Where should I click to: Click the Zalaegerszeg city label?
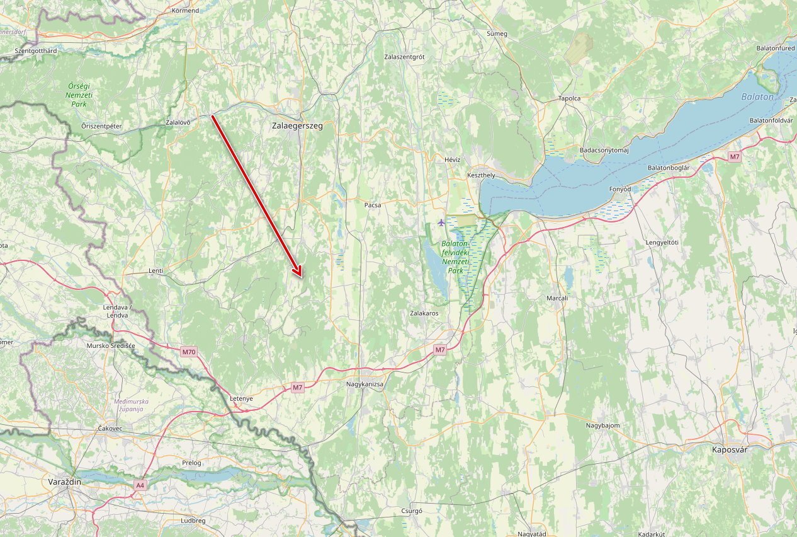click(297, 125)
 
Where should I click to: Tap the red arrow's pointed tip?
click(301, 277)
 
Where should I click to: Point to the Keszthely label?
click(482, 175)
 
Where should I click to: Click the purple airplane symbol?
click(441, 222)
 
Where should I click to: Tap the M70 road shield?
click(188, 351)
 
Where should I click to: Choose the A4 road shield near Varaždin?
click(140, 485)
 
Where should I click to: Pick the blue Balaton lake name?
click(757, 96)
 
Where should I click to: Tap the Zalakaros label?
click(424, 313)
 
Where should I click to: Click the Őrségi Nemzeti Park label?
click(79, 94)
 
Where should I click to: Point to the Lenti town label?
click(155, 270)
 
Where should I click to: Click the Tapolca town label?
click(569, 98)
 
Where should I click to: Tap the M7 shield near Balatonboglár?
click(735, 156)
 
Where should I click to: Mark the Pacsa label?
click(373, 205)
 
